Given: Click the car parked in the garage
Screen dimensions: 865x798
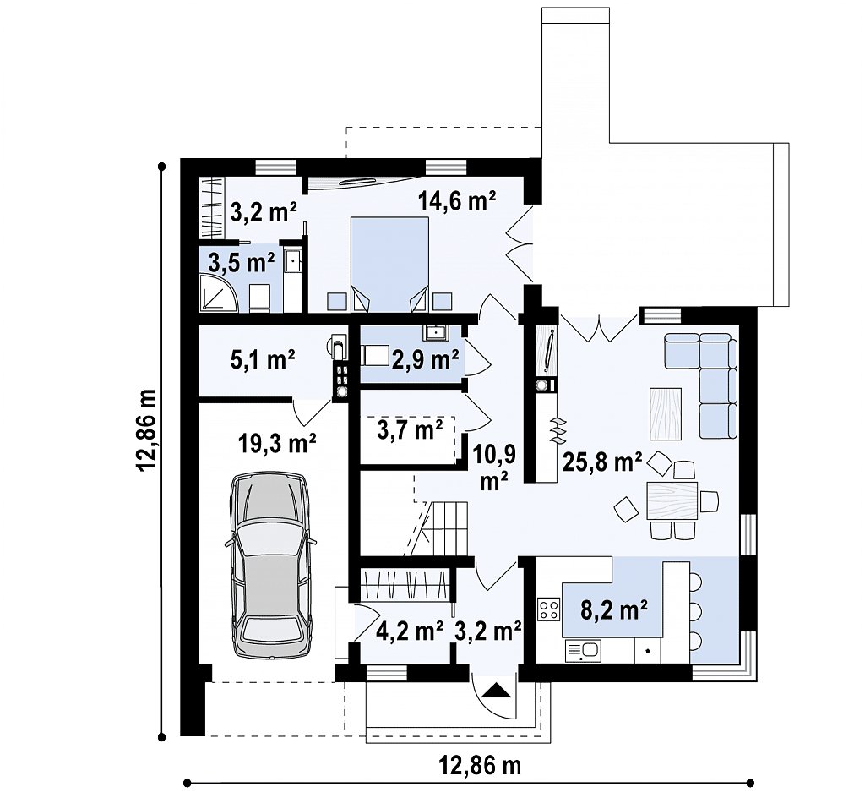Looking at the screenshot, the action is [x=270, y=565].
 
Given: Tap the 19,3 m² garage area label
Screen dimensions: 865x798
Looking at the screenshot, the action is [x=277, y=443].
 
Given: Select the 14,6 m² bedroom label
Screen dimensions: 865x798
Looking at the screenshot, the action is [x=457, y=201].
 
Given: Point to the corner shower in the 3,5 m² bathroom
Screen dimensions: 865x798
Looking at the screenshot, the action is [x=219, y=292].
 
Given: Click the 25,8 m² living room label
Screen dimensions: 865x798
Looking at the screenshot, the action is [x=601, y=462].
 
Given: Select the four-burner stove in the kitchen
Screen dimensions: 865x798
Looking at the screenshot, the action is [x=549, y=609].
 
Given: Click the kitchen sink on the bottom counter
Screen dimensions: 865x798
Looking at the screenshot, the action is [x=583, y=651].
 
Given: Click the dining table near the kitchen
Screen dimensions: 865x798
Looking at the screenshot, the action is [x=672, y=500].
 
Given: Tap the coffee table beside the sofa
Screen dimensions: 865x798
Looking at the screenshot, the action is [x=666, y=413].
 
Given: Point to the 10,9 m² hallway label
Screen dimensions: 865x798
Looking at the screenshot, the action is [x=494, y=467].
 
